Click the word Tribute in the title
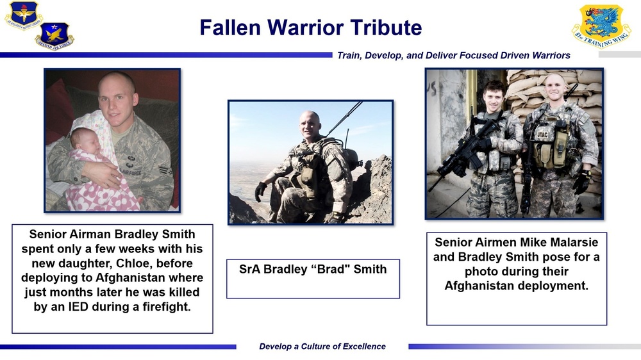pyautogui.click(x=385, y=28)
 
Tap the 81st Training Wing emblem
pyautogui.click(x=601, y=26)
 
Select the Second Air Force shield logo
pyautogui.click(x=54, y=35)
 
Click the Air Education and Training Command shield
pyautogui.click(x=23, y=15)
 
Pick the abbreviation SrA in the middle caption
pyautogui.click(x=251, y=269)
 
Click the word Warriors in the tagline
pyautogui.click(x=548, y=56)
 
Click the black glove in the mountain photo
pyautogui.click(x=261, y=190)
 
